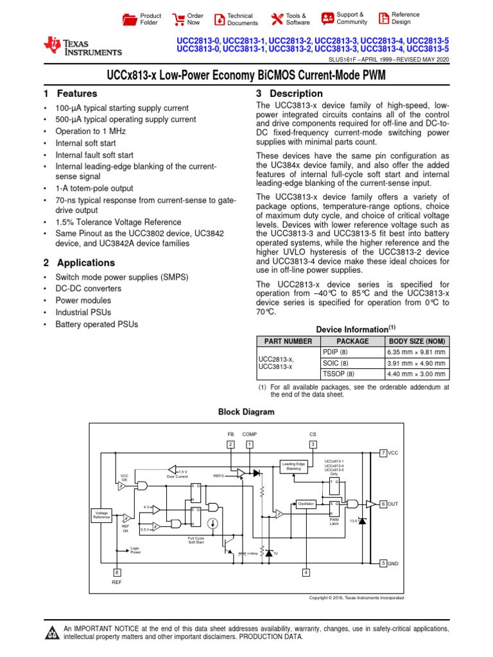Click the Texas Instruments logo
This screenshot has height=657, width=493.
click(x=82, y=46)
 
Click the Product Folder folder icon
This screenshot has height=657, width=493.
click(x=130, y=19)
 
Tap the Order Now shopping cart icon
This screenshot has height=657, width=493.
click(x=178, y=19)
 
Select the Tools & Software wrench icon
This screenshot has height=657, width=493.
click(x=277, y=19)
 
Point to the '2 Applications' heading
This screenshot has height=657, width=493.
click(x=79, y=263)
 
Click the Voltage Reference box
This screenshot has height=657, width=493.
click(x=102, y=515)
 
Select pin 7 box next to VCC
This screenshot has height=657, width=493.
click(x=383, y=453)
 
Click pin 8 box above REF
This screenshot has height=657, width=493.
click(x=116, y=572)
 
